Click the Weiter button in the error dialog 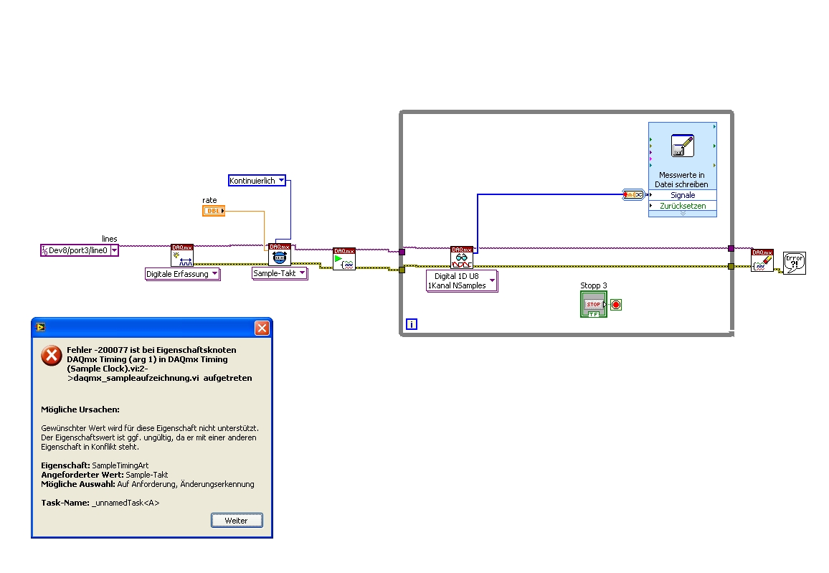point(237,520)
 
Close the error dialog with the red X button point(262,328)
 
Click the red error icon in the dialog point(51,356)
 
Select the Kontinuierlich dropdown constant point(257,181)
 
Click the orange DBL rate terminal point(214,211)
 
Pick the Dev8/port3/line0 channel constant point(80,250)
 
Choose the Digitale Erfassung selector point(182,274)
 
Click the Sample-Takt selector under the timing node point(280,273)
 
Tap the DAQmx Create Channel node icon point(182,255)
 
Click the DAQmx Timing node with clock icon point(280,255)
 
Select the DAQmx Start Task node point(344,259)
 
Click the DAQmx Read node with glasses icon point(462,257)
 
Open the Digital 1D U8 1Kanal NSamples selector point(462,280)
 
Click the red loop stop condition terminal point(616,305)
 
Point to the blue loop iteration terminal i point(412,324)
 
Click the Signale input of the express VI point(682,195)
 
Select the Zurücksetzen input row point(682,206)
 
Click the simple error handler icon point(794,262)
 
